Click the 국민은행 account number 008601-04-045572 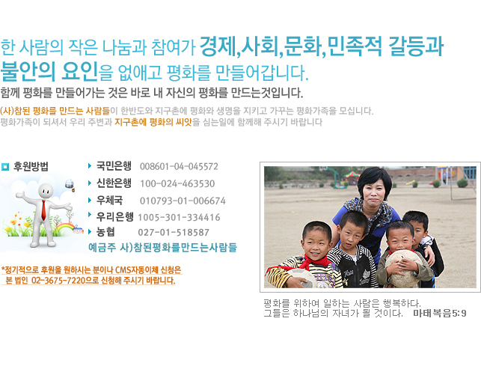click(x=179, y=166)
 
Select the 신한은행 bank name click(x=114, y=183)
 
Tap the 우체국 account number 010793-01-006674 click(x=183, y=201)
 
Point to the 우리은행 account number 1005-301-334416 click(x=179, y=217)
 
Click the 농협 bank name click(x=105, y=232)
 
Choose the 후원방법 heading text click(x=31, y=166)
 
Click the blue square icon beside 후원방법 click(x=5, y=166)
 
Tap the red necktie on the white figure click(x=43, y=210)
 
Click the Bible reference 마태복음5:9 click(x=440, y=313)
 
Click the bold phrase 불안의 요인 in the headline click(x=49, y=72)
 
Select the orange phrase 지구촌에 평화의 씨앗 click(x=153, y=122)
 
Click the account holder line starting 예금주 click(x=162, y=248)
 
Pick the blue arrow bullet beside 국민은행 click(x=90, y=166)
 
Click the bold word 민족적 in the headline click(x=355, y=47)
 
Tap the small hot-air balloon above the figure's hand click(x=70, y=185)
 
